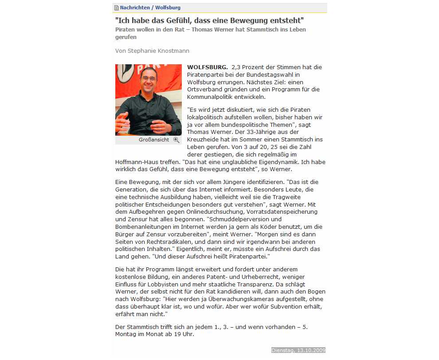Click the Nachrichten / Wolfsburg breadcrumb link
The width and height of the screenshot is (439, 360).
[150, 8]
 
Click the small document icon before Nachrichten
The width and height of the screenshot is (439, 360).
[117, 8]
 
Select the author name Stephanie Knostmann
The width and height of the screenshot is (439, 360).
[158, 51]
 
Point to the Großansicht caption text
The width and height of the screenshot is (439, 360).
[154, 140]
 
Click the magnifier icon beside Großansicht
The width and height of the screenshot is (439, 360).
[176, 140]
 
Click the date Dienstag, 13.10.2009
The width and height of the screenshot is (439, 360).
[298, 350]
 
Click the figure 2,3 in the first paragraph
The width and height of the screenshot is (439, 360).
[237, 67]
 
